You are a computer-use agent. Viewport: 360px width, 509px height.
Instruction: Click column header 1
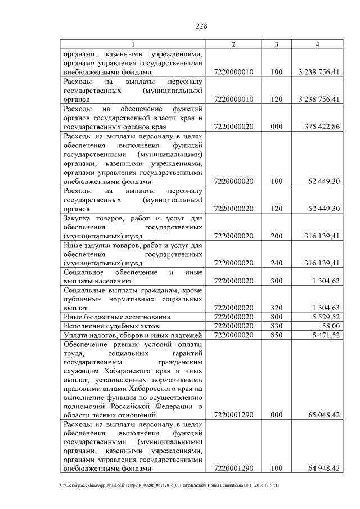click(133, 44)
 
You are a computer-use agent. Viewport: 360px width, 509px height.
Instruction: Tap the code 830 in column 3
click(276, 326)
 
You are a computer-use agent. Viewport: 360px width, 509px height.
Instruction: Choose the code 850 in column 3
click(276, 335)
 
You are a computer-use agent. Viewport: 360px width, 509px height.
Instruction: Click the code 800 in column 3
click(276, 317)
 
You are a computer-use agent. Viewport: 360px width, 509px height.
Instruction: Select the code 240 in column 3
click(276, 263)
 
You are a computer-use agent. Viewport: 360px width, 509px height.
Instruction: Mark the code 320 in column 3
click(276, 308)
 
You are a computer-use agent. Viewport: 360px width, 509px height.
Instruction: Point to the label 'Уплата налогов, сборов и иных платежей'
click(133, 335)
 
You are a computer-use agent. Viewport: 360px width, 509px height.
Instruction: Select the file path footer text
click(169, 485)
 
